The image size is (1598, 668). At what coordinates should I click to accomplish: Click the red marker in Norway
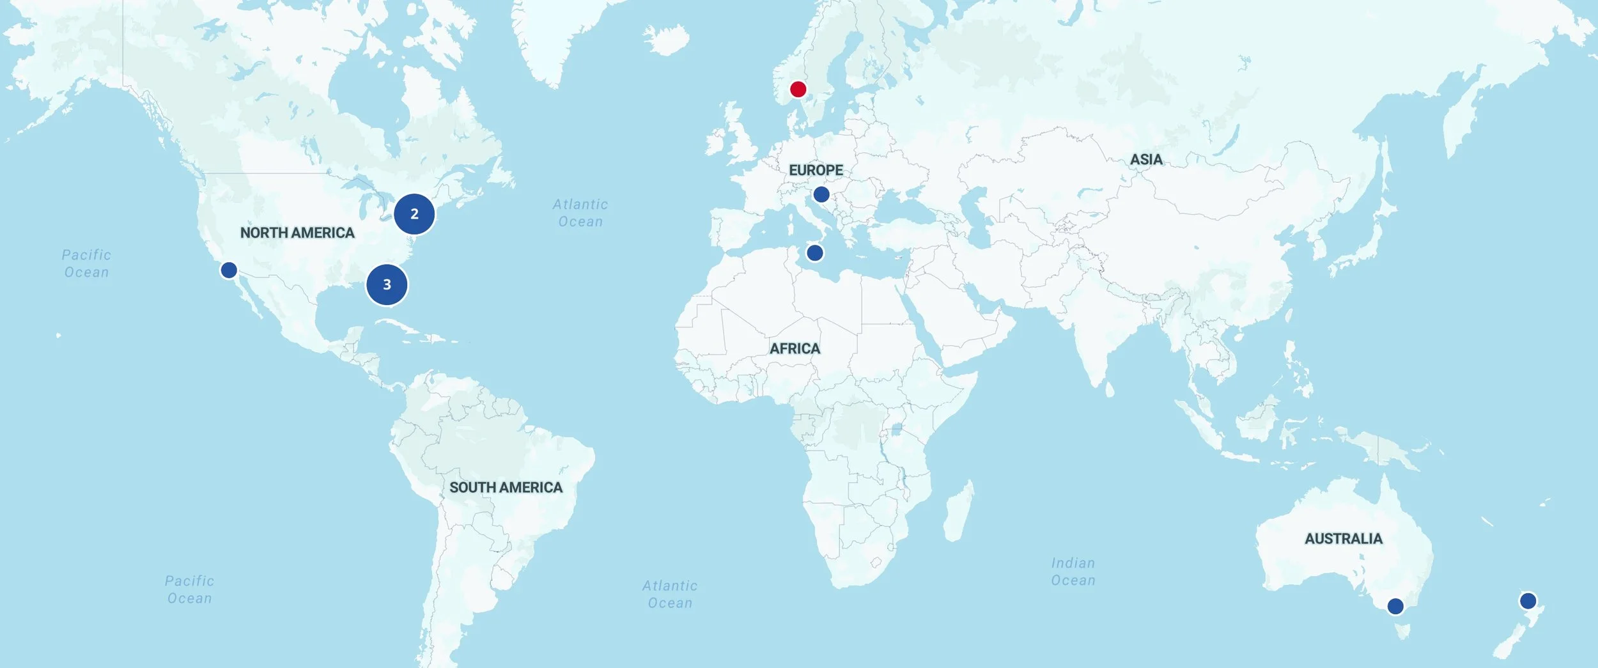pyautogui.click(x=798, y=89)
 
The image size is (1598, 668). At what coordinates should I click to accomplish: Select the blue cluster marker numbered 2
pyautogui.click(x=414, y=214)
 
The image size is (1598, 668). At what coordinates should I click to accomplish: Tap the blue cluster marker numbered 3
pyautogui.click(x=387, y=284)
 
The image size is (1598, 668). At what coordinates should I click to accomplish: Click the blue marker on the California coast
pyautogui.click(x=229, y=270)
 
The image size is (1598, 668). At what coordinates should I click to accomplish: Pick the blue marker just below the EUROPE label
pyautogui.click(x=821, y=194)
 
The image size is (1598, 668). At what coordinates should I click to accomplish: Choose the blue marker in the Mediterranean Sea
pyautogui.click(x=814, y=252)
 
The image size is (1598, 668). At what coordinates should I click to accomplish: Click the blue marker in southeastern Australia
pyautogui.click(x=1395, y=605)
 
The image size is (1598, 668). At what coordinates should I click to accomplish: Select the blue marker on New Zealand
pyautogui.click(x=1528, y=600)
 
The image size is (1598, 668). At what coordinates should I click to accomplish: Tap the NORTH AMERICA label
pyautogui.click(x=297, y=233)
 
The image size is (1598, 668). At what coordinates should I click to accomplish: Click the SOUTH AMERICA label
pyautogui.click(x=506, y=487)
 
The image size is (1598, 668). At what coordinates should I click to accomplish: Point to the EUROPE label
pyautogui.click(x=816, y=170)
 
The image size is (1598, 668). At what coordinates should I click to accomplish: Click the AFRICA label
pyautogui.click(x=795, y=348)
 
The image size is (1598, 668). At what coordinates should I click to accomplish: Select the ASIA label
pyautogui.click(x=1146, y=159)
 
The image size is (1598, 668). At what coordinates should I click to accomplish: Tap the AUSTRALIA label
pyautogui.click(x=1344, y=538)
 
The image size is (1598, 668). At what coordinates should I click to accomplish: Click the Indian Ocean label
pyautogui.click(x=1073, y=571)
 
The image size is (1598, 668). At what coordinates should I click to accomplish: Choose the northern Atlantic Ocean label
pyautogui.click(x=580, y=213)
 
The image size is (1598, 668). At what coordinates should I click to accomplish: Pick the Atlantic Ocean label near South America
pyautogui.click(x=670, y=594)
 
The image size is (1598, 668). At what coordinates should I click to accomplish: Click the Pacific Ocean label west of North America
pyautogui.click(x=86, y=263)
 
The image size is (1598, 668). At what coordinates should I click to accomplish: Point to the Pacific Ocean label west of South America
pyautogui.click(x=189, y=589)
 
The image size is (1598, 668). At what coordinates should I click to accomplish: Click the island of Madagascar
pyautogui.click(x=959, y=511)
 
